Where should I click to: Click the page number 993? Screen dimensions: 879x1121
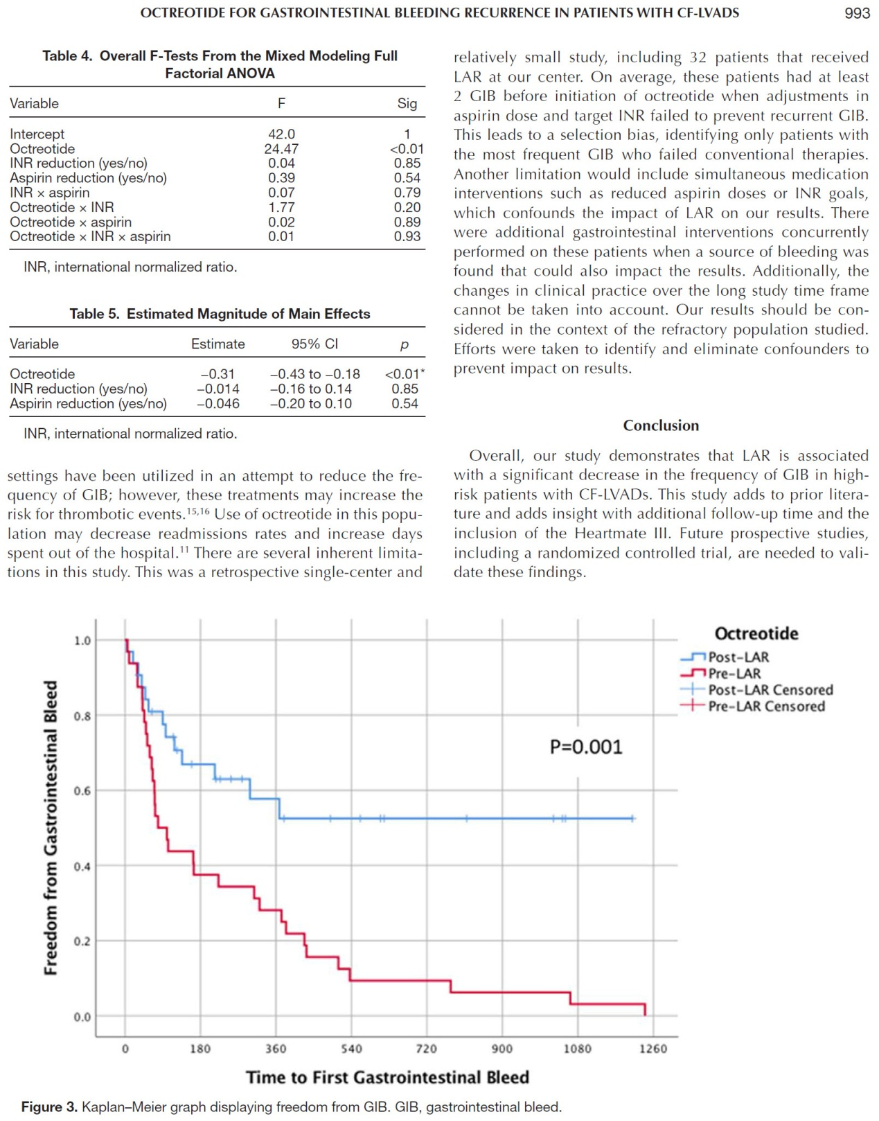tap(857, 13)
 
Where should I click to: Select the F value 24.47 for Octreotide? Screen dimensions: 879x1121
tap(281, 149)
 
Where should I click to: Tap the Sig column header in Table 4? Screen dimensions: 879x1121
tap(407, 104)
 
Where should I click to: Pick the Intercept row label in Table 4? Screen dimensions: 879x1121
tap(37, 134)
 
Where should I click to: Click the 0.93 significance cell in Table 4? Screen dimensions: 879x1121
tap(407, 237)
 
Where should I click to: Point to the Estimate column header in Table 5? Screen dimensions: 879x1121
tap(218, 344)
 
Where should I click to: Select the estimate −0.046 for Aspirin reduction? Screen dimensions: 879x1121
tap(218, 403)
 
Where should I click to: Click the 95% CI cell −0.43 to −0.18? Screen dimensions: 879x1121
tap(315, 374)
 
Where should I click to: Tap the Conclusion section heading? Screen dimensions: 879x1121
tap(661, 425)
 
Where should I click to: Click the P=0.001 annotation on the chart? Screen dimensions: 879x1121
tap(586, 746)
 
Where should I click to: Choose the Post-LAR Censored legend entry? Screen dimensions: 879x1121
tap(757, 690)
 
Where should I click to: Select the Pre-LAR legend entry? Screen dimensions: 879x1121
tap(721, 673)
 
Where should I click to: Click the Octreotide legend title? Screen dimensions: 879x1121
tap(756, 633)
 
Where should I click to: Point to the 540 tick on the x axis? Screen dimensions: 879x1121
tap(351, 1049)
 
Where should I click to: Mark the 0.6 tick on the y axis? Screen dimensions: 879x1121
tap(82, 791)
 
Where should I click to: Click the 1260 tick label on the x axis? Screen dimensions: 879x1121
tap(653, 1049)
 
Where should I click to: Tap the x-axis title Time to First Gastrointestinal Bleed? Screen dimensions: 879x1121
tap(388, 1077)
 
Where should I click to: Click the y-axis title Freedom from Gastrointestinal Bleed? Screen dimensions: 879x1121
tap(51, 828)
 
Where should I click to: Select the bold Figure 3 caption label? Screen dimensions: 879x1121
tap(49, 1107)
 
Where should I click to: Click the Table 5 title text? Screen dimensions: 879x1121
tap(220, 314)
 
